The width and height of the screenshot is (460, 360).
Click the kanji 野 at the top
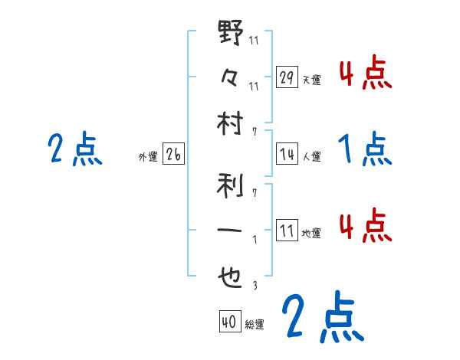231,34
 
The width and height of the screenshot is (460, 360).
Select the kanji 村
231,122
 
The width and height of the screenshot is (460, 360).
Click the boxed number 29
287,77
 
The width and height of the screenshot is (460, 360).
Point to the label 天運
311,80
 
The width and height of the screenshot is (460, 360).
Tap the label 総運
255,325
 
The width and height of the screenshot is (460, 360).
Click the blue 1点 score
364,149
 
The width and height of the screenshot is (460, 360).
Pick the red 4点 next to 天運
364,74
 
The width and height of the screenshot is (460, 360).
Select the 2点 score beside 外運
74,149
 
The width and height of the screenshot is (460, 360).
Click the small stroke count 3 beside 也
254,286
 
